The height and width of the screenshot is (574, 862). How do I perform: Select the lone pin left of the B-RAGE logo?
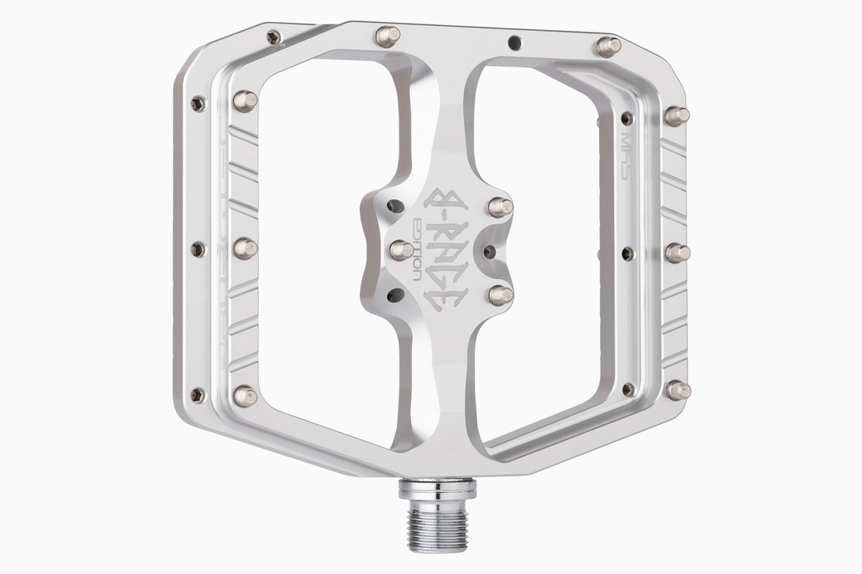(x=401, y=250)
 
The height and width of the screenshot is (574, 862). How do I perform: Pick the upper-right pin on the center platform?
(x=500, y=207)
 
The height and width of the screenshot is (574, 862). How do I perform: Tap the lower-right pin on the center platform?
(x=500, y=294)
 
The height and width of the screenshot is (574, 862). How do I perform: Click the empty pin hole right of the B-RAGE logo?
(x=489, y=252)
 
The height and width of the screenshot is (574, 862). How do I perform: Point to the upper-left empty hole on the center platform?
(x=394, y=207)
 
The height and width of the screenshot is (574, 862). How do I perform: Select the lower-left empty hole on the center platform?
(x=394, y=294)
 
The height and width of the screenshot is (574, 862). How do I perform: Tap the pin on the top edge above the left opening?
(x=386, y=36)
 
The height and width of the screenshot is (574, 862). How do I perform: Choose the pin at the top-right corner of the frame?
(x=608, y=47)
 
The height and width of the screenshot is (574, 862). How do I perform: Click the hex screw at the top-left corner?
(x=273, y=37)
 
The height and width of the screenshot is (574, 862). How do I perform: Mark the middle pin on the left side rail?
(x=244, y=248)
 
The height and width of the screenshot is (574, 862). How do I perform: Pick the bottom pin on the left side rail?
(x=244, y=395)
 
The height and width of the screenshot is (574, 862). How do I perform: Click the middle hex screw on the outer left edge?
(x=198, y=249)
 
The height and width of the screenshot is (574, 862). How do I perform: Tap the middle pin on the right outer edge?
(x=677, y=253)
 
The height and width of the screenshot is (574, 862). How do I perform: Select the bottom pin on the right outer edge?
(x=677, y=390)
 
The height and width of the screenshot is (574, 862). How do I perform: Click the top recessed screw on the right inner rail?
(x=626, y=118)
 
